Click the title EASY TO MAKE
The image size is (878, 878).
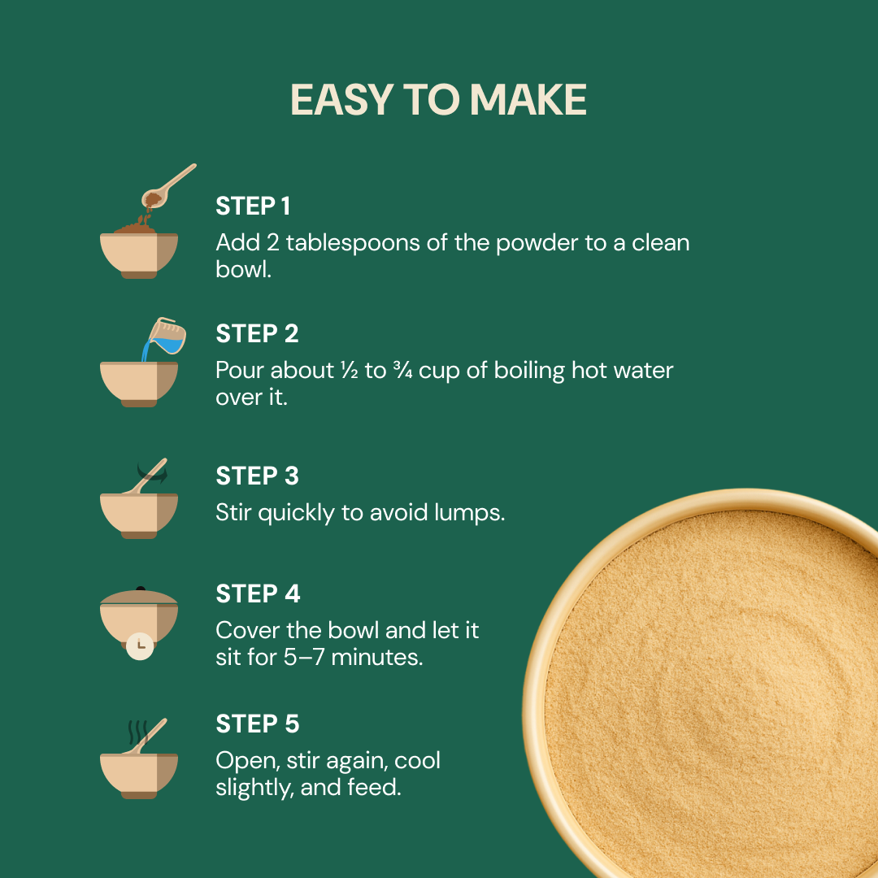[438, 100]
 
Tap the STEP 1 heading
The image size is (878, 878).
[253, 206]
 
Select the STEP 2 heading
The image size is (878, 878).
[257, 334]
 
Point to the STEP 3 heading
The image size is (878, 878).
[257, 476]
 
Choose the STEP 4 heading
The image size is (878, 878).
[259, 593]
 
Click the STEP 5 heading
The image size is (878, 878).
[258, 724]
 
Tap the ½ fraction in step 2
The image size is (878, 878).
[349, 370]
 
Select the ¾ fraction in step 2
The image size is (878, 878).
[402, 370]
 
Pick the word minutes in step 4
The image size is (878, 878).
[377, 657]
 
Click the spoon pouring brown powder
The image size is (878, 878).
[168, 186]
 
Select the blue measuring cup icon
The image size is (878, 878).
[167, 336]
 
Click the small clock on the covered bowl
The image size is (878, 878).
[140, 646]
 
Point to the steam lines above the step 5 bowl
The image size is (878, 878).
[137, 732]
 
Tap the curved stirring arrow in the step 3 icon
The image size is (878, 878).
[152, 474]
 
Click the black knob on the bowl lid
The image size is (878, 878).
[141, 589]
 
